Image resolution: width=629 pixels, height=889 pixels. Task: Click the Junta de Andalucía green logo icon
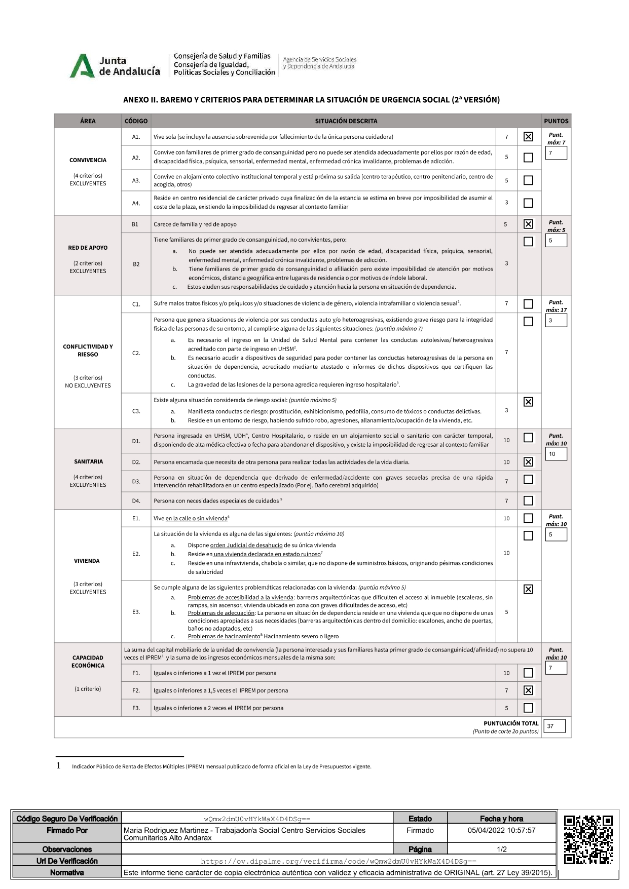tap(82, 66)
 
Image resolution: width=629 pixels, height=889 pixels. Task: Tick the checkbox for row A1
tap(528, 137)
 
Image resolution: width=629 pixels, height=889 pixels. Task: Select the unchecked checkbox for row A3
tap(528, 180)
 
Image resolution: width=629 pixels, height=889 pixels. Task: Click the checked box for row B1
tap(528, 224)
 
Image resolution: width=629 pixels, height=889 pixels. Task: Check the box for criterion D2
tap(528, 462)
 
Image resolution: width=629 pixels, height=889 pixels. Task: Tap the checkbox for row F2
tap(528, 690)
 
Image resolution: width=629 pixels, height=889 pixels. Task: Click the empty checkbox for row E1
tap(528, 518)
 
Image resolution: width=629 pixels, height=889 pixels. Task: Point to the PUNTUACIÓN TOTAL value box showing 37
tap(554, 726)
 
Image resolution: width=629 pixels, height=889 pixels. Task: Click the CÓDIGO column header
tap(136, 121)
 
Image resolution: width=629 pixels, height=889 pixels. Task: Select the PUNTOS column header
tap(556, 121)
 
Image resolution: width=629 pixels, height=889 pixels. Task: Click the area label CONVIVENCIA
tap(88, 160)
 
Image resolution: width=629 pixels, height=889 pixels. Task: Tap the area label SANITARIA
tap(88, 461)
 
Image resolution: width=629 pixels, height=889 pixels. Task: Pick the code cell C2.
tap(136, 353)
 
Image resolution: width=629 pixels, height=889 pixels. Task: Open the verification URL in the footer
tap(339, 861)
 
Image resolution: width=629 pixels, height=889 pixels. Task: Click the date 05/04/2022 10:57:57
tap(501, 830)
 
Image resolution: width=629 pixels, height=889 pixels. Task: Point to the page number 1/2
tap(501, 849)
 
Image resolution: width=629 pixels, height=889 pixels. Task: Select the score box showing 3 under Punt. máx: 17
tap(556, 321)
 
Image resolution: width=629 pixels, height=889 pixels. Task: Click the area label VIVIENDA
tap(87, 561)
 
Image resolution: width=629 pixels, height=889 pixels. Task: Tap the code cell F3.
tap(136, 708)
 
